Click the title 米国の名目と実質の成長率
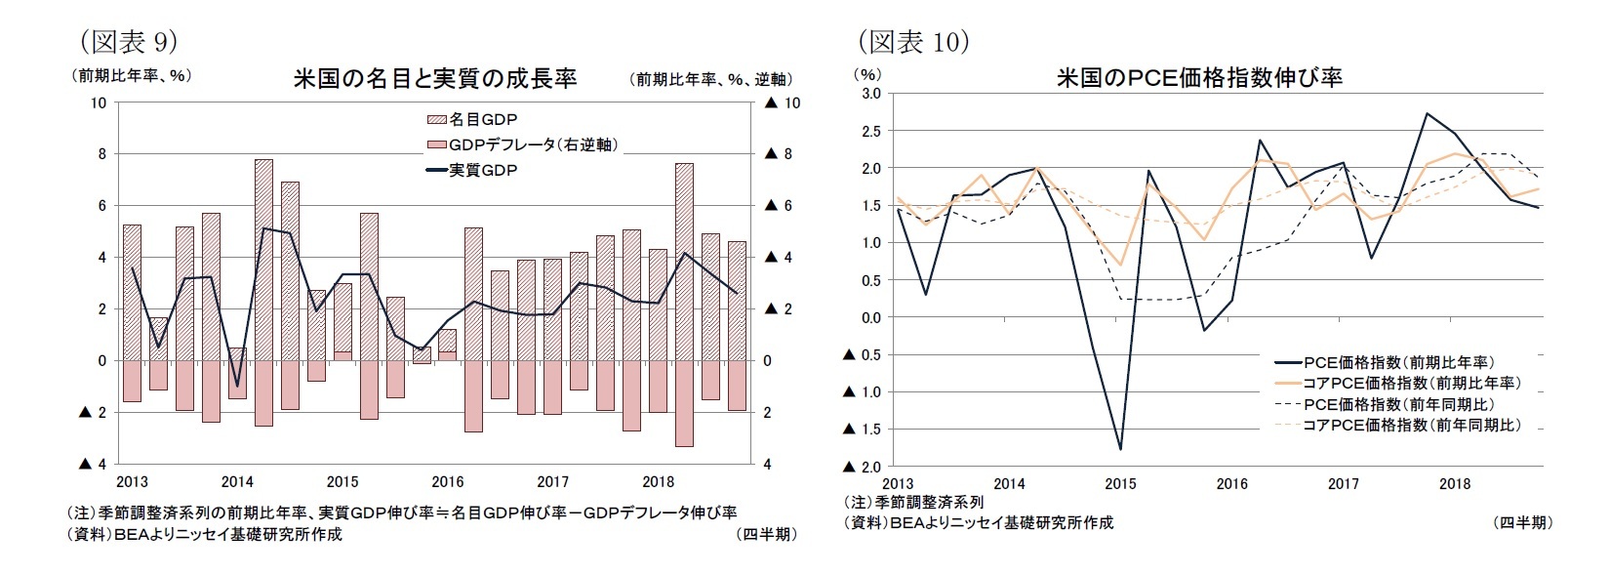pos(435,79)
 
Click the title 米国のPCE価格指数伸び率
pos(1199,78)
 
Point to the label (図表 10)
pos(912,41)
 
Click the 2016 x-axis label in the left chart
pos(448,482)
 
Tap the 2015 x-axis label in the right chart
pos(1120,484)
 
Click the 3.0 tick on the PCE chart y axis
pos(870,94)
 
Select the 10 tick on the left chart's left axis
pos(98,103)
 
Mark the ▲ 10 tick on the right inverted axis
pos(784,103)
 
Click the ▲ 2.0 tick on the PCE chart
pos(865,467)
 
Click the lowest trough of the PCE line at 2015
pos(1120,449)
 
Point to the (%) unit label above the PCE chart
pos(867,73)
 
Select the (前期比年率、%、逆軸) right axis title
pos(712,79)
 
